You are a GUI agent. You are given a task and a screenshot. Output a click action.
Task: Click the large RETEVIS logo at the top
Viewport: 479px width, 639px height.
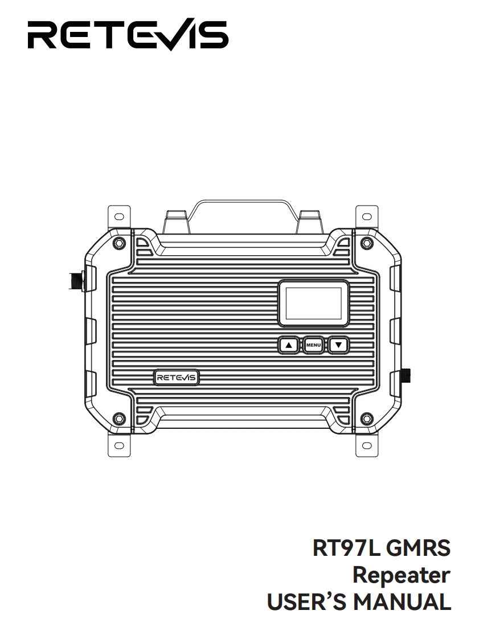(x=128, y=35)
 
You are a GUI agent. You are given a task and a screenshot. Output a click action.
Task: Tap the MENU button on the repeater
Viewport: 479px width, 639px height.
(x=313, y=345)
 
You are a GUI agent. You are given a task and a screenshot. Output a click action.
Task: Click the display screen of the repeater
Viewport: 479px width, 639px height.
(x=313, y=303)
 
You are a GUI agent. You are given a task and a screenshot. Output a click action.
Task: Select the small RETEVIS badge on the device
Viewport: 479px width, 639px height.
(x=176, y=378)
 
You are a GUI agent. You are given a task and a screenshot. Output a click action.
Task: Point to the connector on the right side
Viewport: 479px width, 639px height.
(x=406, y=376)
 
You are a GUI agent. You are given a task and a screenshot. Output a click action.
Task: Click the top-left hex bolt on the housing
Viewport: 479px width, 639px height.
(x=118, y=243)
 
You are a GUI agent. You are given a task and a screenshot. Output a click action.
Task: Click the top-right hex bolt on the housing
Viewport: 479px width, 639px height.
(x=367, y=243)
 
